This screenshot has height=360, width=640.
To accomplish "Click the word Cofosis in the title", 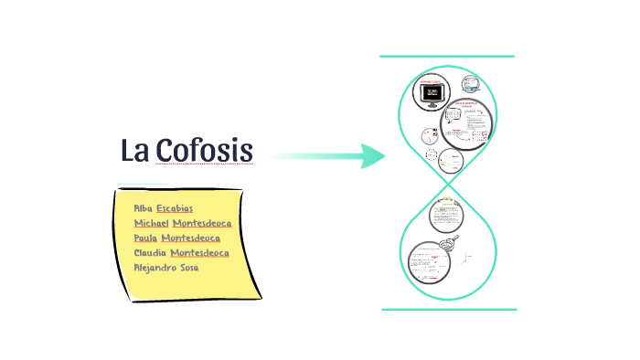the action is [203, 150].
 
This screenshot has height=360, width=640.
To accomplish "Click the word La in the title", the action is [134, 150].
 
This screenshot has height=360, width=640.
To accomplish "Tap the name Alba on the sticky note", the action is [143, 208].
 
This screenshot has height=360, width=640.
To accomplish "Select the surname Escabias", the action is [175, 208].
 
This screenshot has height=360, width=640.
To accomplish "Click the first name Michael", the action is [151, 223].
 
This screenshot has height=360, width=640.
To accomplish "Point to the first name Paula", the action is [146, 238].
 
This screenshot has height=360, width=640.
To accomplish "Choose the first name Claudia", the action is [150, 252].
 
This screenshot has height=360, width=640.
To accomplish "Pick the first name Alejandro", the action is [155, 267].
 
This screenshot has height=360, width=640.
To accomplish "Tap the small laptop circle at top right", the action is [471, 84].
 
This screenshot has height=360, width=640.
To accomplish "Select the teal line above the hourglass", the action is [447, 57].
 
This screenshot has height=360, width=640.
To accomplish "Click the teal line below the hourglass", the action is [448, 309].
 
